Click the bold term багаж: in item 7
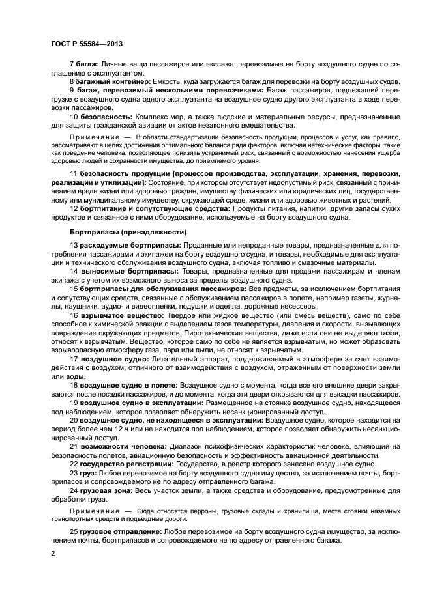pyautogui.click(x=87, y=63)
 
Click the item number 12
pyautogui.click(x=73, y=208)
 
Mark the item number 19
pyautogui.click(x=73, y=403)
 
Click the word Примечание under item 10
pyautogui.click(x=91, y=137)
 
